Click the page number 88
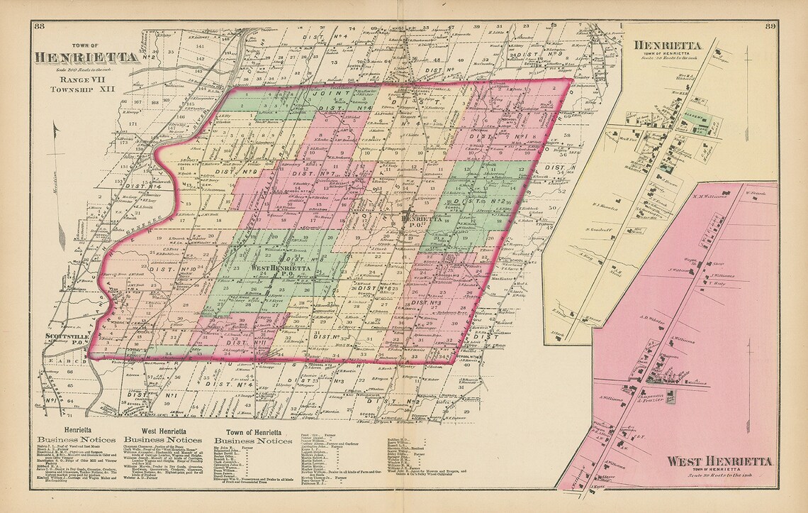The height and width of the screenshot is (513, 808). click(x=40, y=27)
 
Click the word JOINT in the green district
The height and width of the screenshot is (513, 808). click(x=336, y=94)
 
